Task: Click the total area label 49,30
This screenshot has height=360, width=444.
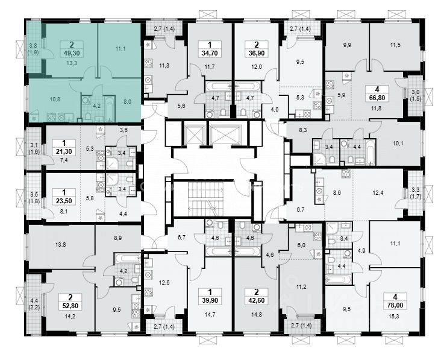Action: pos(71,52)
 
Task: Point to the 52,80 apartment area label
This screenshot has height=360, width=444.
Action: pos(71,305)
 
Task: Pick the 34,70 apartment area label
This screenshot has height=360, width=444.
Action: pos(211,52)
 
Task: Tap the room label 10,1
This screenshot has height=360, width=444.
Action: pos(398,144)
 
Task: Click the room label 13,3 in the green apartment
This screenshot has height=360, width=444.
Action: pos(71,62)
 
